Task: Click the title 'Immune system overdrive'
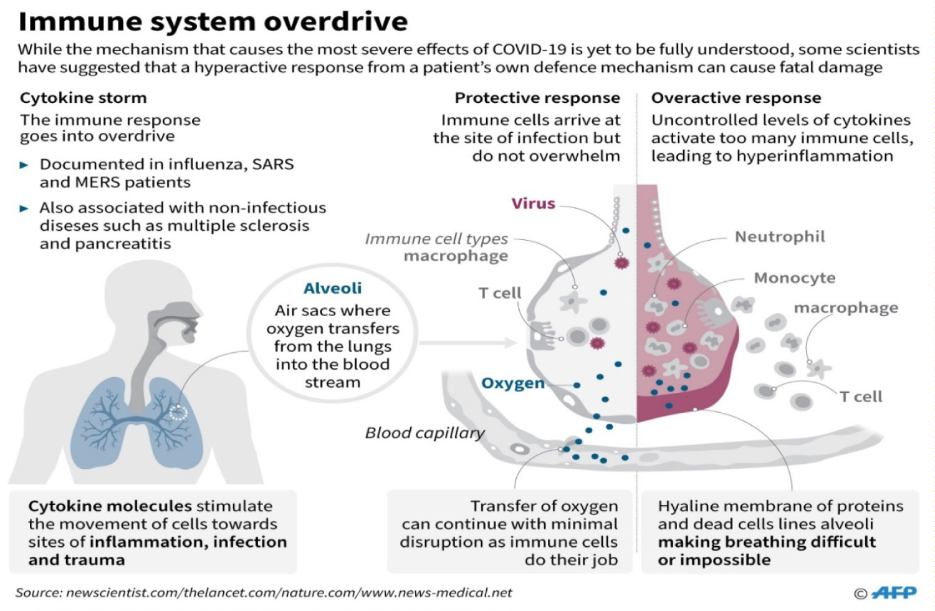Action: [x=213, y=22]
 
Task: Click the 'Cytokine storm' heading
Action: [x=84, y=98]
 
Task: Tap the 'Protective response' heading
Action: [x=537, y=98]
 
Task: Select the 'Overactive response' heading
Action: [x=736, y=98]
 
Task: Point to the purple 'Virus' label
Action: [x=534, y=203]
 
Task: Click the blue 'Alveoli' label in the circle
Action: [x=333, y=288]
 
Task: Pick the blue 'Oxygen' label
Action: [x=513, y=383]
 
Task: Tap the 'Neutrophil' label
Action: [x=780, y=237]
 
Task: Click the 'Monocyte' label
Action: [x=794, y=277]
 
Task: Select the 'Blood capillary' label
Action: [x=425, y=433]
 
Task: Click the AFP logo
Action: [x=894, y=592]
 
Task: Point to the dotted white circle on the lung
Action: [x=178, y=413]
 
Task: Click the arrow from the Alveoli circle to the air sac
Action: [x=468, y=343]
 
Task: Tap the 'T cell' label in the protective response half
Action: [x=500, y=293]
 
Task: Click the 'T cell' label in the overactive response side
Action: [x=861, y=397]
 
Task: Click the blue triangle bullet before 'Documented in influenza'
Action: [x=24, y=165]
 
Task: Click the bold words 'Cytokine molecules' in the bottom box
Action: [x=110, y=506]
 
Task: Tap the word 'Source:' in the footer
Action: [x=39, y=593]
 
